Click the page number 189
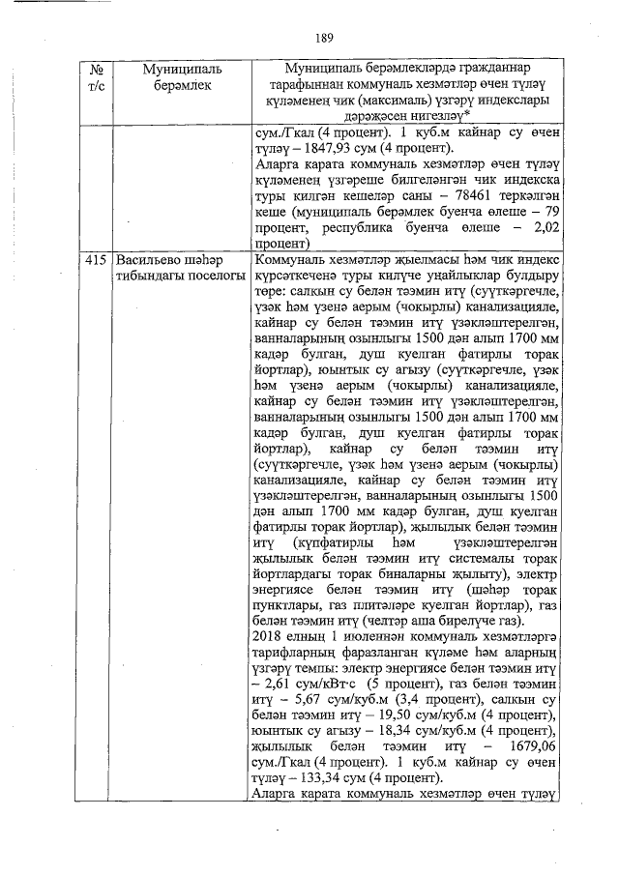point(324,38)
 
